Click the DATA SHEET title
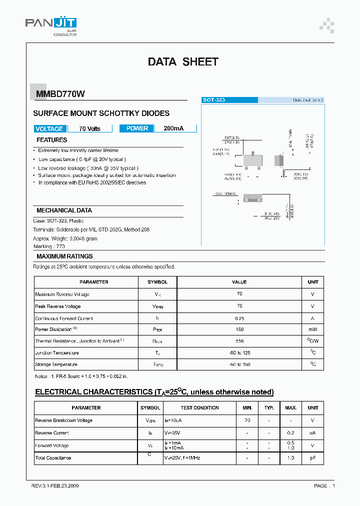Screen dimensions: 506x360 (183, 62)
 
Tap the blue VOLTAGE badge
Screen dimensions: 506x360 (49, 128)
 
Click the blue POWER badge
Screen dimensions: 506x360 (137, 128)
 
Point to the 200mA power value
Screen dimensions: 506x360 (173, 128)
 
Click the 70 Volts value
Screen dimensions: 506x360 (89, 128)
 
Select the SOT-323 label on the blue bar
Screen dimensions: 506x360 (213, 100)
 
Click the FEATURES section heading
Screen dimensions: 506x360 (51, 140)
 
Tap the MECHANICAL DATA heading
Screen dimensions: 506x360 (64, 210)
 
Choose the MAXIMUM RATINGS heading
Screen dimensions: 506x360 (64, 256)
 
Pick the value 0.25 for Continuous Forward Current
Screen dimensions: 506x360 (239, 318)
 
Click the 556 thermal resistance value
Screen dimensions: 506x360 (239, 341)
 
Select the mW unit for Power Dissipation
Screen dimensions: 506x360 (312, 329)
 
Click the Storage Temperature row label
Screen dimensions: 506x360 (56, 364)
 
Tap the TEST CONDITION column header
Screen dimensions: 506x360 (199, 408)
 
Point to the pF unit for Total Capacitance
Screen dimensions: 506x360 (312, 458)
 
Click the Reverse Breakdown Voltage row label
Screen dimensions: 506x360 (63, 420)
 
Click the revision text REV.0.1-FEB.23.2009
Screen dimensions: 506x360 (54, 485)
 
